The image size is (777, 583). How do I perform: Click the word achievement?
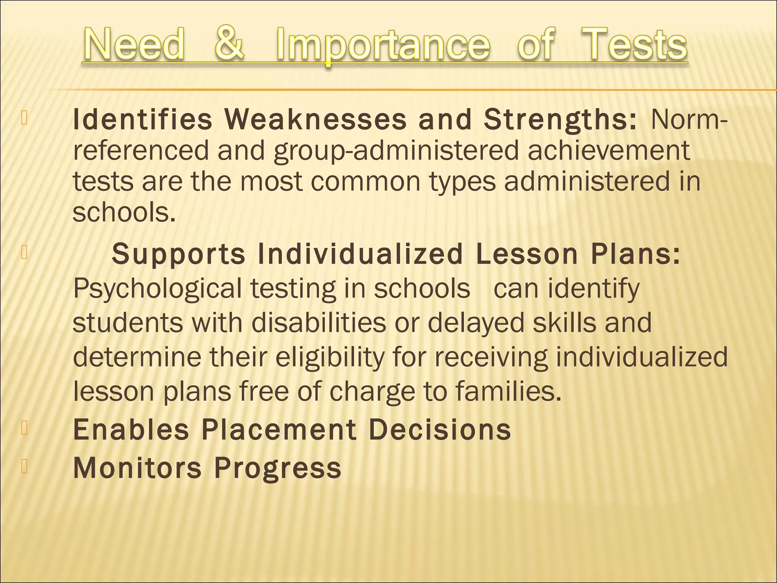pyautogui.click(x=609, y=150)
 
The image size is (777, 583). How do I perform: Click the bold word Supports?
pyautogui.click(x=179, y=254)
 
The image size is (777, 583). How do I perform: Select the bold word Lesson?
pyautogui.click(x=527, y=254)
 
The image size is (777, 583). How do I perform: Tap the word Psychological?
pyautogui.click(x=157, y=289)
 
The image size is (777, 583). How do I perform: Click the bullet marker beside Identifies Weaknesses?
pyautogui.click(x=24, y=118)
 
